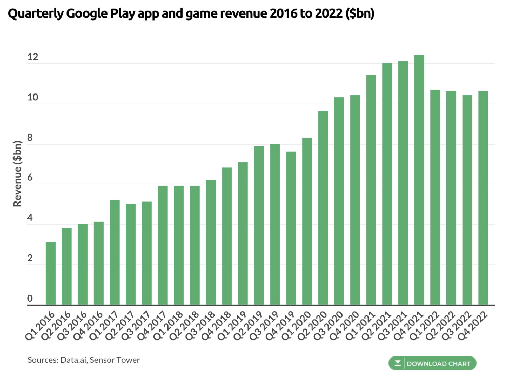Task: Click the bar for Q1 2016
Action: point(51,273)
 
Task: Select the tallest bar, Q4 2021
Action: point(419,180)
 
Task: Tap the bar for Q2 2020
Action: point(323,208)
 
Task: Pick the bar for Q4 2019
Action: point(291,228)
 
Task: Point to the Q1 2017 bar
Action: point(115,252)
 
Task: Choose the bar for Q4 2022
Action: point(483,198)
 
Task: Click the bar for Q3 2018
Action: point(211,242)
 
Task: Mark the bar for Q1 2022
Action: point(435,197)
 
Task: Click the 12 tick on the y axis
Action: point(32,57)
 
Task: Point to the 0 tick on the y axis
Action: point(30,298)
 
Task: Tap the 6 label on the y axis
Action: point(30,178)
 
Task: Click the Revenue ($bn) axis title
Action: point(17,174)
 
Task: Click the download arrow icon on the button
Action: point(397,363)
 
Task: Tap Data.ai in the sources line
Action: point(73,360)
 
